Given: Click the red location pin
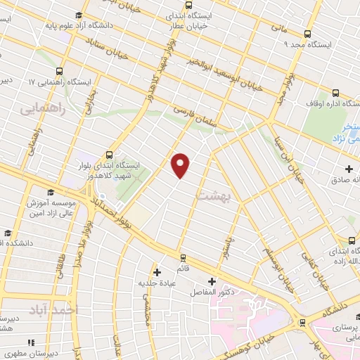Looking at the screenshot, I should coord(181,165).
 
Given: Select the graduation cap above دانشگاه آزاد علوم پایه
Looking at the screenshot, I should coord(78,15).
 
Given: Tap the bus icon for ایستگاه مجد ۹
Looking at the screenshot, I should coord(307,33).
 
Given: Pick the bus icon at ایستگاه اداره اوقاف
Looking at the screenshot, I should coord(335,93).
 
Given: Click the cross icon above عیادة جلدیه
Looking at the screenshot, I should coord(157,271).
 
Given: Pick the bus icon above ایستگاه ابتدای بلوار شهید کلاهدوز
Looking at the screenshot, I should coord(108,155).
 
